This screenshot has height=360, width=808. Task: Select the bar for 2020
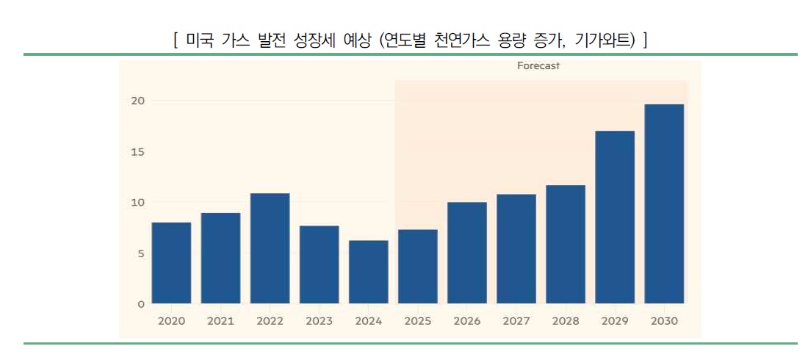[x=171, y=263]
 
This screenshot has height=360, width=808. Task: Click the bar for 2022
[x=270, y=248]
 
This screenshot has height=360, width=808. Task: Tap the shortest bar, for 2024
[x=368, y=272]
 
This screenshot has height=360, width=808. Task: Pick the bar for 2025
[x=417, y=267]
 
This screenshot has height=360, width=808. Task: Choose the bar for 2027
[x=516, y=249]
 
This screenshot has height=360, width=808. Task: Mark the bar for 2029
[x=615, y=217]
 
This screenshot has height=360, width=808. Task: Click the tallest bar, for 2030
[x=664, y=204]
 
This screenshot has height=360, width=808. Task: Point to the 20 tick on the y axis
[x=138, y=101]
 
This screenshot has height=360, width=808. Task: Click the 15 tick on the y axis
[x=138, y=152]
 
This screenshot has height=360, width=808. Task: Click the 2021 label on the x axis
[x=220, y=321]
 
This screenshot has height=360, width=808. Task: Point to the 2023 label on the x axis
[x=319, y=321]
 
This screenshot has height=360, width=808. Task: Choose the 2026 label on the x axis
[x=466, y=321]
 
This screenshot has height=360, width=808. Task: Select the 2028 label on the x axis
[x=566, y=321]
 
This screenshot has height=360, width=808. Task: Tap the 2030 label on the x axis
[x=664, y=321]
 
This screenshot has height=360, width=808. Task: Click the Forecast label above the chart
[x=538, y=66]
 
